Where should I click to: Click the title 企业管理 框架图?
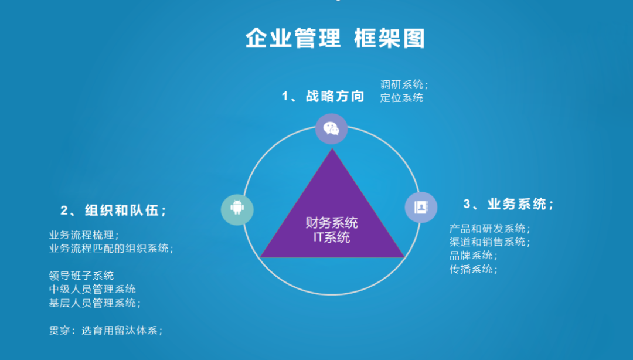pos(335,39)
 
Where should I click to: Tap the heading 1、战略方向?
pos(323,96)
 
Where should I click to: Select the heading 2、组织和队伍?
pos(113,210)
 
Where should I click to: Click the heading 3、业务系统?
pos(508,204)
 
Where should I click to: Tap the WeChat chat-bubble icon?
pos(332,129)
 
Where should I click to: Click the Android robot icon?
pos(237,208)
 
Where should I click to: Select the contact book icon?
pos(421,208)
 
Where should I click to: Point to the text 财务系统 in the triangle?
pos(332,223)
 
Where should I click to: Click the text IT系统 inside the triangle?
pos(332,237)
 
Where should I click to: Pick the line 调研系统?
pos(404,84)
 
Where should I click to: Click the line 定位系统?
pos(401,98)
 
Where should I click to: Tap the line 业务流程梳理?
pos(84,235)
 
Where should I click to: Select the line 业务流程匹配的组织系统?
pos(111,249)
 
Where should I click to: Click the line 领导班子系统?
pos(81,276)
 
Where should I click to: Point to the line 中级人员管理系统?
pos(93,289)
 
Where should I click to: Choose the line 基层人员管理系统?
pos(94,303)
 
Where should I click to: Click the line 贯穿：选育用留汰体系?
pos(105,330)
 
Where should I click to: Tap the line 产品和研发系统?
pos(489,229)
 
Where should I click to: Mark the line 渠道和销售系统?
pos(489,242)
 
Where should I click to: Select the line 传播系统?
pos(473,269)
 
